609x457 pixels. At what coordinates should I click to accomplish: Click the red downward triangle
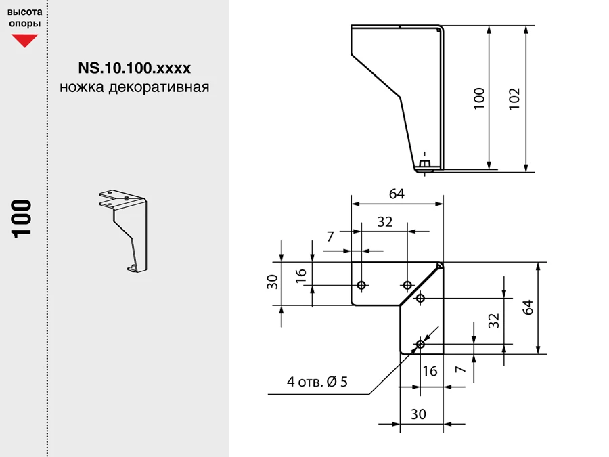(24, 40)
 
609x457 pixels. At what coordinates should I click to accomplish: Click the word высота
(25, 12)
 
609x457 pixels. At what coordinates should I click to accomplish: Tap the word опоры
(25, 24)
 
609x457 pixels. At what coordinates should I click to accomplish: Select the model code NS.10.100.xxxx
(135, 68)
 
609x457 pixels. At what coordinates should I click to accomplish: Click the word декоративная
(159, 87)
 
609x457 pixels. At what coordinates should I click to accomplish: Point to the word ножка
(82, 87)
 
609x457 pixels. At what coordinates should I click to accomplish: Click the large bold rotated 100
(22, 219)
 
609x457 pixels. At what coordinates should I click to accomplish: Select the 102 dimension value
(514, 99)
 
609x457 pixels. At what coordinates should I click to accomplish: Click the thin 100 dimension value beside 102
(479, 99)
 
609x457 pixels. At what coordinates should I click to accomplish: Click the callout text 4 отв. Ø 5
(317, 382)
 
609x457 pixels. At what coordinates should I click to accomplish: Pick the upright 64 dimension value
(397, 194)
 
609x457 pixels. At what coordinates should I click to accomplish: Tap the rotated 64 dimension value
(528, 307)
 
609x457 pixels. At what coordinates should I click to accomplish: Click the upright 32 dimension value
(385, 222)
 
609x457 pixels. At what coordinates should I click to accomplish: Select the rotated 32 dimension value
(493, 321)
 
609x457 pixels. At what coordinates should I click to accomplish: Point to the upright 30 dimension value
(418, 414)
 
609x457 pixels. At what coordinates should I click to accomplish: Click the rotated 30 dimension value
(273, 282)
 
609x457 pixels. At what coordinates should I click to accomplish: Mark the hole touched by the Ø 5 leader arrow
(420, 345)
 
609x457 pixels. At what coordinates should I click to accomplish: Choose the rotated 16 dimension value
(301, 276)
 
